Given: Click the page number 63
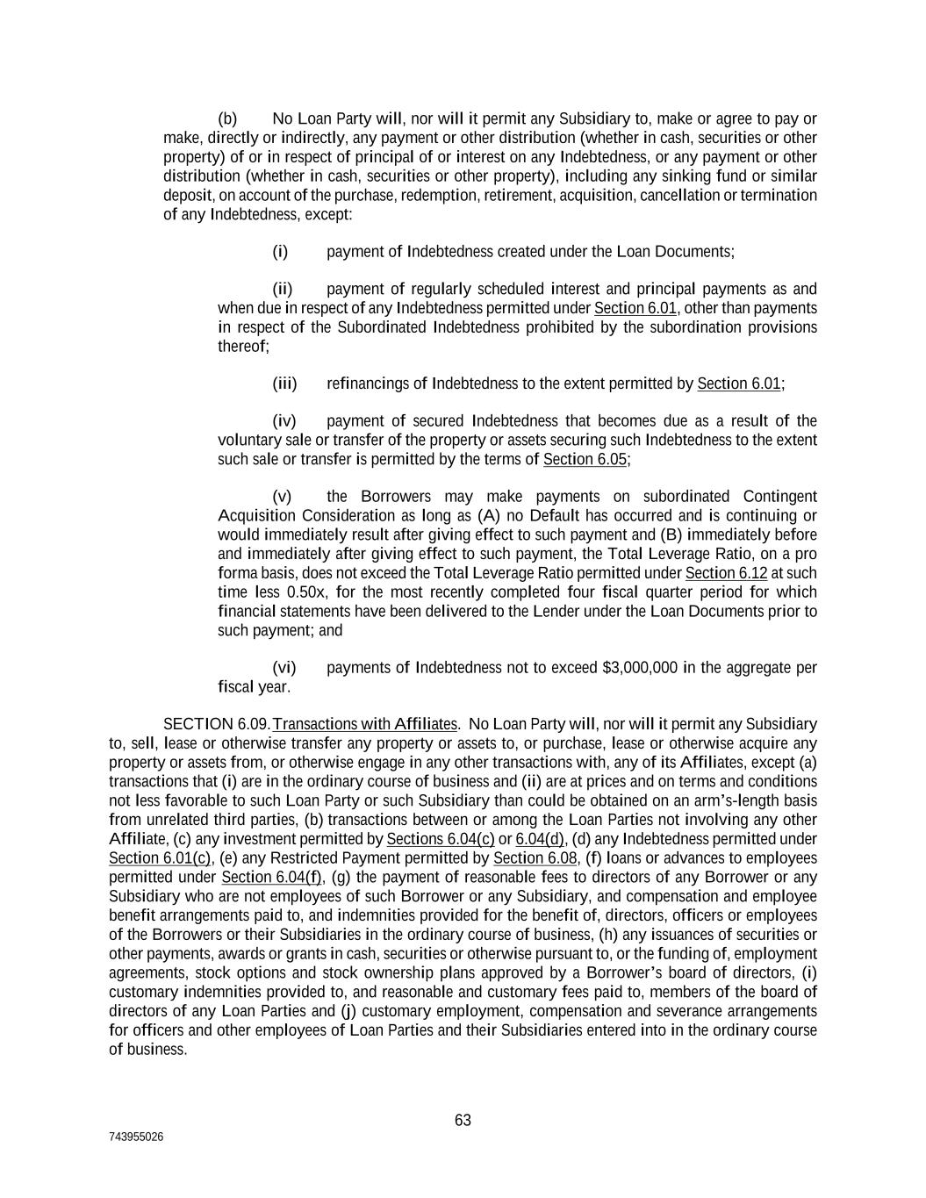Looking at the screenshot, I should coord(463,1120).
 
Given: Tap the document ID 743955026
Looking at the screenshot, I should coord(136,1137).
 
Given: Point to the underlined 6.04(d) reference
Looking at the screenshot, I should coord(540,839).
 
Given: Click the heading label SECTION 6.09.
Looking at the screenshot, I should coord(216,724).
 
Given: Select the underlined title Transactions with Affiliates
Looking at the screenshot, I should coord(365,724).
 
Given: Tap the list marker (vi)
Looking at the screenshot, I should coord(284,668).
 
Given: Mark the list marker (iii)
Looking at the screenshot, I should coord(285,384).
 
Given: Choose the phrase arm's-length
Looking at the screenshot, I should coord(742,800).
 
